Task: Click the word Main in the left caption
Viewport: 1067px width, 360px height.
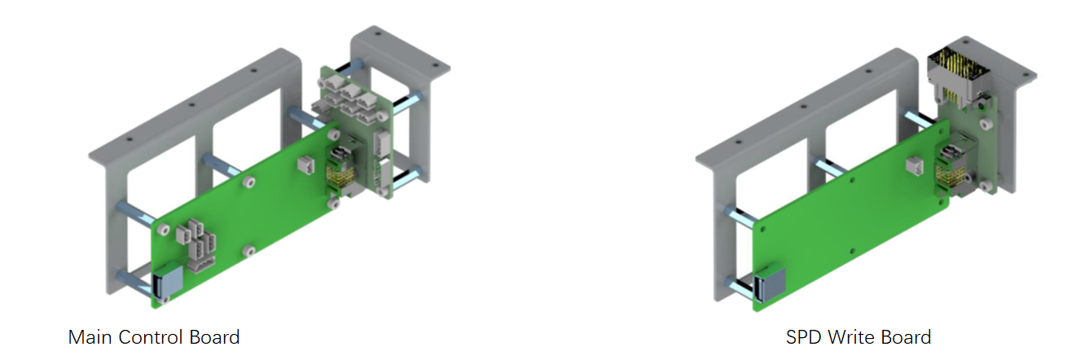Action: coord(90,337)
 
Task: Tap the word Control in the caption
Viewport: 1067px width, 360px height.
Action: coord(151,337)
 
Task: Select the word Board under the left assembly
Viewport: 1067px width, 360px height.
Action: coord(214,337)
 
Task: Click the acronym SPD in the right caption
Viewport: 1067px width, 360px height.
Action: coord(804,337)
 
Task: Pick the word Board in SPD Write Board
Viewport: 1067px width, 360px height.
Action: coord(906,337)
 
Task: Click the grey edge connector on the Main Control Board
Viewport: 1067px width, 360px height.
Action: coord(168,283)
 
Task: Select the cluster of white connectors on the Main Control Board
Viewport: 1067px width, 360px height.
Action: coord(196,245)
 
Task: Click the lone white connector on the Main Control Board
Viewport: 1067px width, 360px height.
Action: coord(306,165)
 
